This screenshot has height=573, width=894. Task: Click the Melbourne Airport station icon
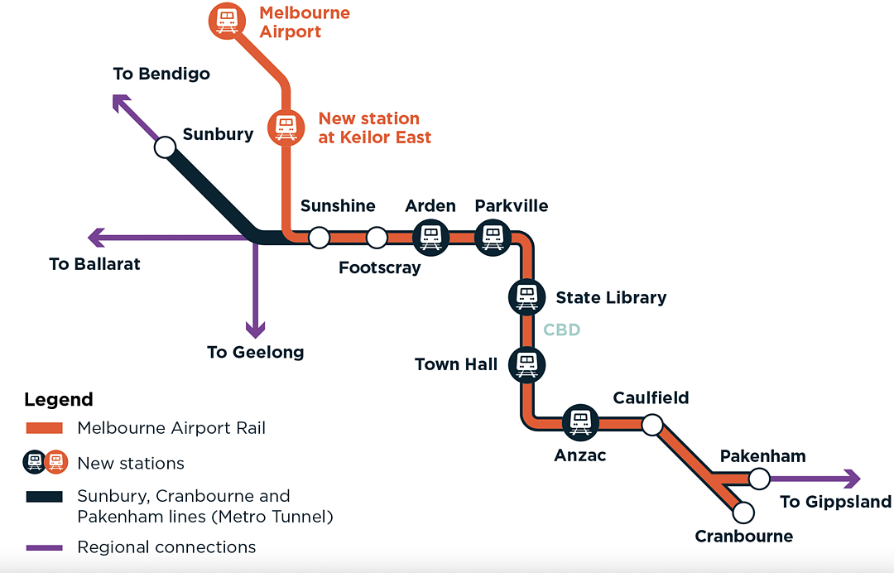click(x=227, y=21)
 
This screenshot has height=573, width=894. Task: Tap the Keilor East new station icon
click(x=286, y=128)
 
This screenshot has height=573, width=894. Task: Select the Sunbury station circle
click(x=166, y=147)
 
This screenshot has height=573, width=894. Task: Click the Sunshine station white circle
click(x=320, y=237)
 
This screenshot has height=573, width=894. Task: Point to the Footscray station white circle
click(x=377, y=237)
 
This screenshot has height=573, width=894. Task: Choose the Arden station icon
click(x=430, y=237)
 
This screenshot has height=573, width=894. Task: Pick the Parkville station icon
click(x=493, y=237)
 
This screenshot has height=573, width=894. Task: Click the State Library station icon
click(x=526, y=297)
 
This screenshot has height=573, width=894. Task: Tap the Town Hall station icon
click(x=526, y=365)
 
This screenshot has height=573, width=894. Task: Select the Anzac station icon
click(x=580, y=423)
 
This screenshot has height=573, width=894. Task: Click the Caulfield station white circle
click(x=652, y=425)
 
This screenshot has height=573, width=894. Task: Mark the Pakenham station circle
click(x=759, y=479)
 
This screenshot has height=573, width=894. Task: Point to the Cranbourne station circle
click(x=743, y=513)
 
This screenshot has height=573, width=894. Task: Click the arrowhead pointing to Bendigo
click(x=120, y=102)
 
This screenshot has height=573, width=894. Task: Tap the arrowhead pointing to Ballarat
click(x=96, y=237)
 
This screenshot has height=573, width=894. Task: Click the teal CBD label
click(x=561, y=330)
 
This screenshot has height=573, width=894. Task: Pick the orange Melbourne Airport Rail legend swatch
click(x=45, y=428)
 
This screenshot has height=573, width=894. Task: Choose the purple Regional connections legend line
click(x=45, y=547)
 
